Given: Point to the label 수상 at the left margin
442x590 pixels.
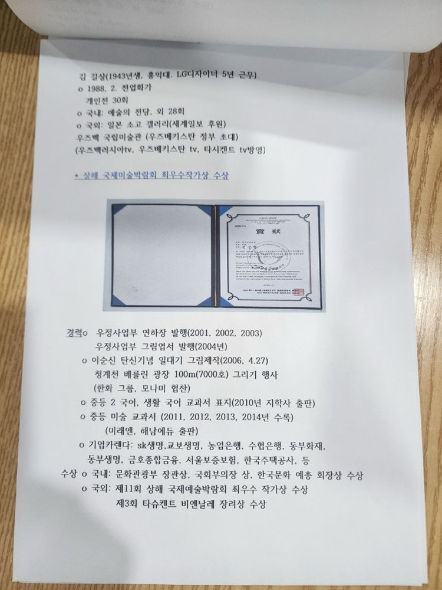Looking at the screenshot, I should pyautogui.click(x=69, y=474).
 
